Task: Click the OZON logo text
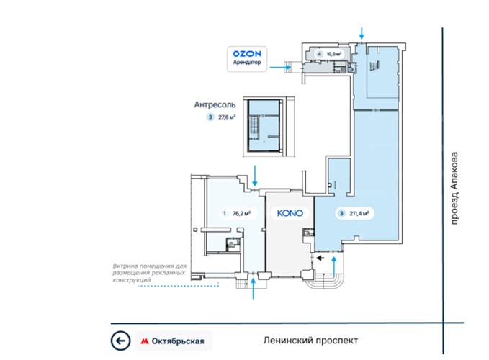(247, 54)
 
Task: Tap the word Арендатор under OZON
(247, 63)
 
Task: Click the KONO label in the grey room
(290, 213)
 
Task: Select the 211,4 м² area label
(359, 214)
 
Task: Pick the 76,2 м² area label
(241, 214)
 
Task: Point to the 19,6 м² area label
(334, 54)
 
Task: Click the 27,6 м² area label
(227, 117)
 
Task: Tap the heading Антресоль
(215, 104)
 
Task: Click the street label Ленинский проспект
(310, 341)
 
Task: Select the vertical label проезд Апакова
(454, 188)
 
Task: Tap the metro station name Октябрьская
(178, 341)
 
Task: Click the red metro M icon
(144, 341)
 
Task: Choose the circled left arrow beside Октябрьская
(120, 341)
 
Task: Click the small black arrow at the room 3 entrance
(320, 258)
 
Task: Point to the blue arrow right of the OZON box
(280, 67)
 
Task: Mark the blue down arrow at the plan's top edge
(362, 33)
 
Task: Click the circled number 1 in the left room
(225, 214)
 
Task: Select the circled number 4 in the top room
(319, 54)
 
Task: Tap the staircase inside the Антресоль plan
(254, 128)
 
